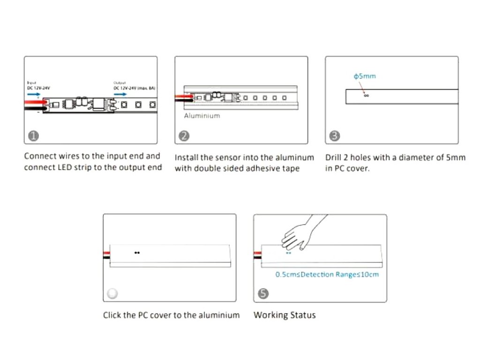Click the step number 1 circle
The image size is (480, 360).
coord(33,136)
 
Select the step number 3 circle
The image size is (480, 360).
coord(335,136)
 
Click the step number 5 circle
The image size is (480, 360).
coord(263,294)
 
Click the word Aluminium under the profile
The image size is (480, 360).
coord(202,116)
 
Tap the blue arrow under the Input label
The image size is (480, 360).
coord(34,94)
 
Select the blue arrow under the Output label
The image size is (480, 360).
coord(120,94)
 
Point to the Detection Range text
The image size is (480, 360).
coord(327,275)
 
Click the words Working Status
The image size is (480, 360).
coord(285,315)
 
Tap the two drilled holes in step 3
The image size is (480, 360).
coord(366,96)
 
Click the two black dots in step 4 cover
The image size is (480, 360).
coord(137,253)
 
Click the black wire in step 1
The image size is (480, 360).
coord(35,109)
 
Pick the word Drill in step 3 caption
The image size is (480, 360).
coord(334,157)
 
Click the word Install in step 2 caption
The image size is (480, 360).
coord(187,157)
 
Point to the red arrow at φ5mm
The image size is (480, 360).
coord(361,88)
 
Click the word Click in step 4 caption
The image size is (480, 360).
coord(113,315)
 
